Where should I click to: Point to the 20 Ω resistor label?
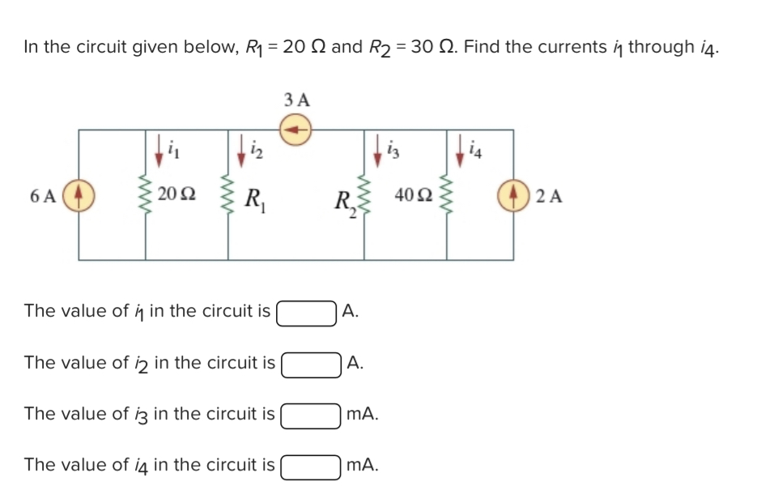pos(175,194)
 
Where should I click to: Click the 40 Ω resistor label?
pos(412,194)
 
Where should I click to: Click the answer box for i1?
pos(306,312)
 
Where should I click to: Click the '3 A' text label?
pos(297,100)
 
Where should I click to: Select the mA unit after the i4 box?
pos(360,466)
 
